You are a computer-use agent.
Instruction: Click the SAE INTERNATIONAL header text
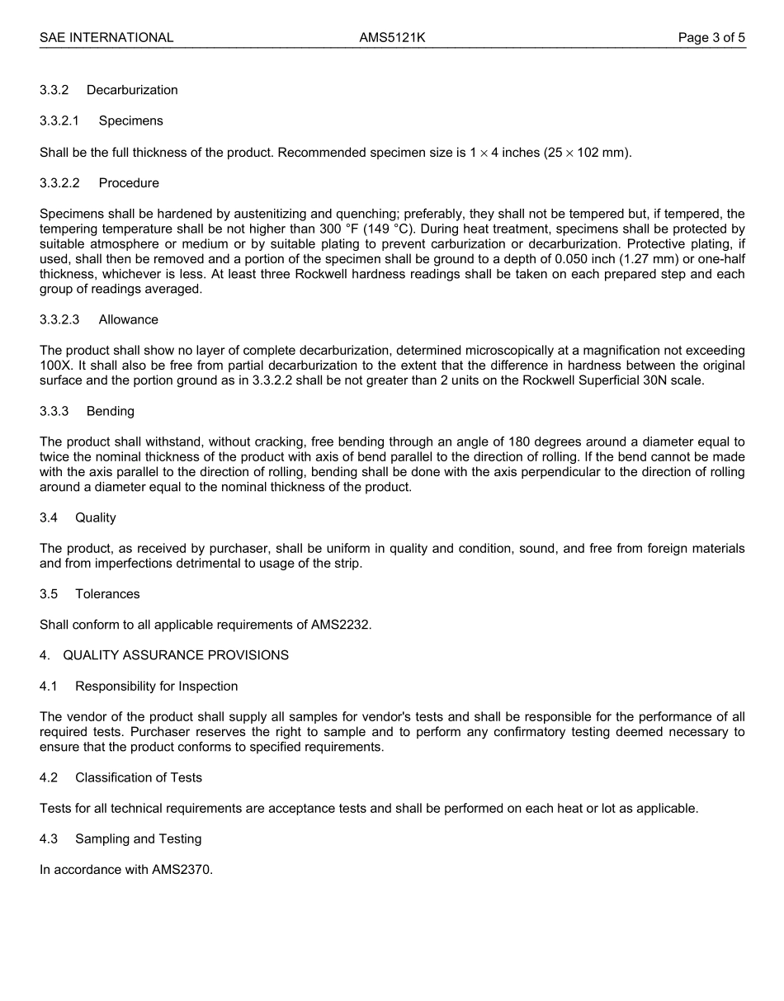106,37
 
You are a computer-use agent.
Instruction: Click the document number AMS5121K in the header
392,37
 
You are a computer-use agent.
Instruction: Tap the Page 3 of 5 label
711,37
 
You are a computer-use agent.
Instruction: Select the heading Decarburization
132,90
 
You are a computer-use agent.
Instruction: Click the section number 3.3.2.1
59,120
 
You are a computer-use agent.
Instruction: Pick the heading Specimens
130,120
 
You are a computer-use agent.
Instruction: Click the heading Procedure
129,182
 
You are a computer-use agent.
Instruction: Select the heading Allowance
128,319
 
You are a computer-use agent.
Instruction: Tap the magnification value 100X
55,366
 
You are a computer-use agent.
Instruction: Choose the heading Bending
110,411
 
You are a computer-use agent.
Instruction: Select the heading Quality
95,517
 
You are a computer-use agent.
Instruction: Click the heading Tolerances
107,594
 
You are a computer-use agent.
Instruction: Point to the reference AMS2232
340,625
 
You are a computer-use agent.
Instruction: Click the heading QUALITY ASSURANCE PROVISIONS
175,655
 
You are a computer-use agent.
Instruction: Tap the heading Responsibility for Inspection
156,686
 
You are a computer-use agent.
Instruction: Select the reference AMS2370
182,869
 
